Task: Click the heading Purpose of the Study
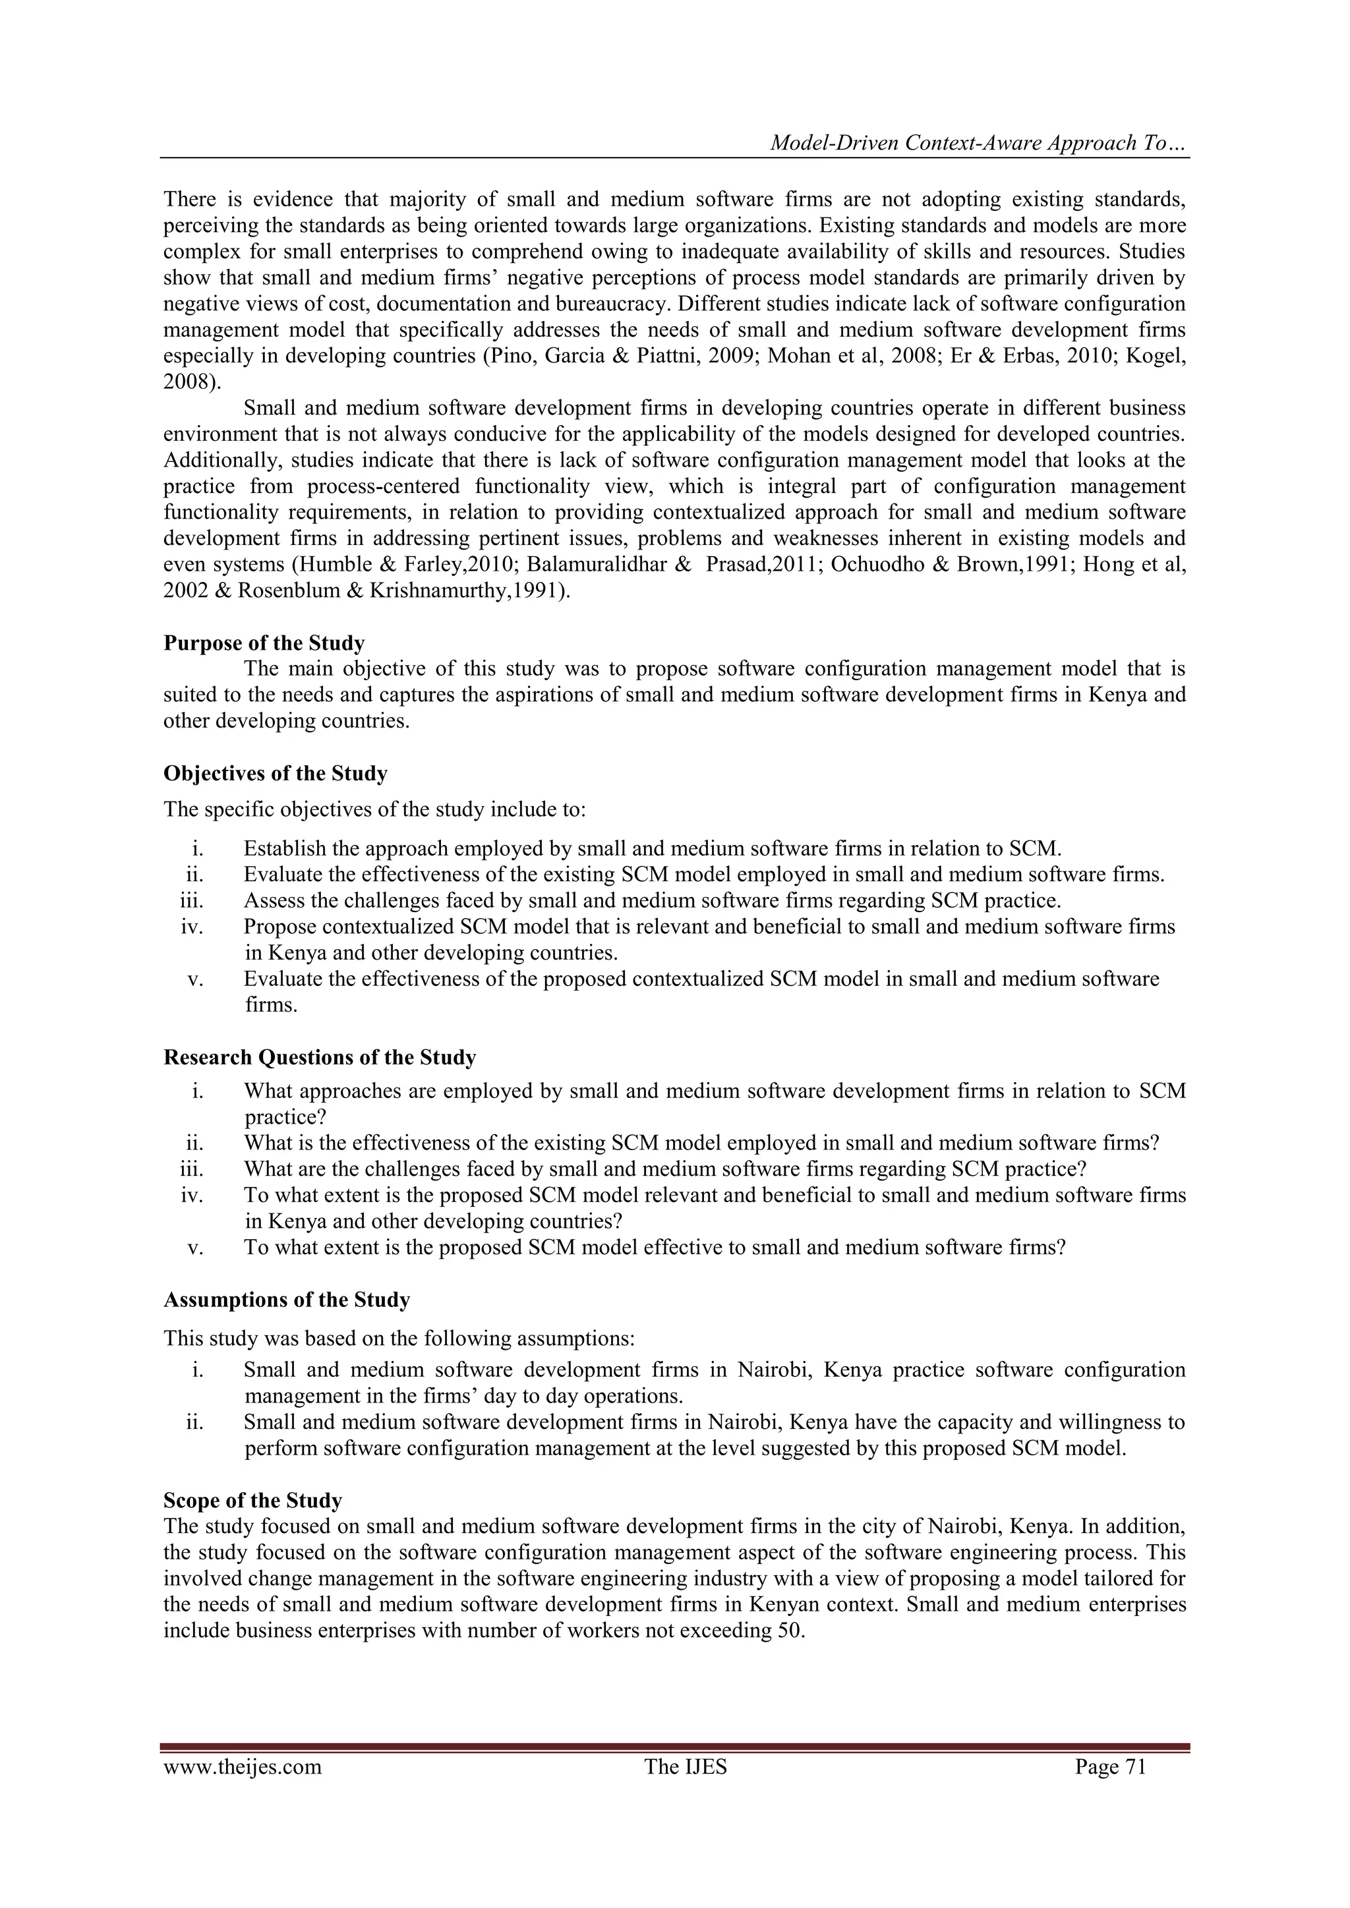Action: (x=264, y=643)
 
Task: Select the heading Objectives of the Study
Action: (x=275, y=774)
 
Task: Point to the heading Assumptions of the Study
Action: (x=287, y=1300)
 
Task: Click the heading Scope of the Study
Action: (x=252, y=1501)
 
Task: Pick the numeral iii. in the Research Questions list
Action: (x=192, y=1169)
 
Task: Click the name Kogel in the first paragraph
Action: (x=1159, y=356)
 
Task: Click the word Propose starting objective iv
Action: (x=279, y=927)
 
